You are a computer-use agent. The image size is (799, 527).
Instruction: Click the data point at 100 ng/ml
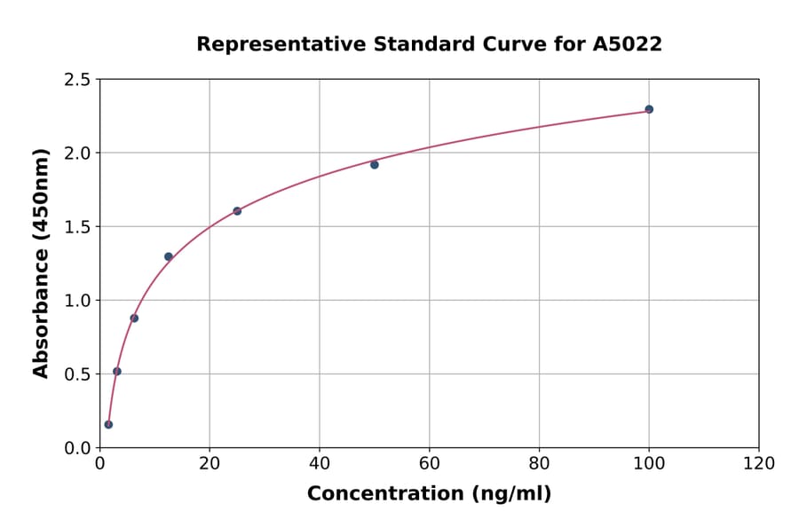coord(649,109)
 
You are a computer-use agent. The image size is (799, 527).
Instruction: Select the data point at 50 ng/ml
coord(375,164)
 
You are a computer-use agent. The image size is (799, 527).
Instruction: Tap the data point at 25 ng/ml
coord(237,211)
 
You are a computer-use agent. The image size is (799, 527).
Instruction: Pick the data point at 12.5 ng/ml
coord(169,256)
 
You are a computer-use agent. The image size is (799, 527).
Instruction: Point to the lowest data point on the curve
coord(108,424)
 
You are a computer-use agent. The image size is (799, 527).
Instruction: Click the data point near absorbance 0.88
coord(134,318)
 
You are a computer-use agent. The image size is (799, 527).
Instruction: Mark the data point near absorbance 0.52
coord(117,371)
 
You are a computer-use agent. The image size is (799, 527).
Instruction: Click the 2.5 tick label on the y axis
coord(77,80)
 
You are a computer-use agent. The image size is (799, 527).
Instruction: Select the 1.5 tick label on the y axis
coord(77,227)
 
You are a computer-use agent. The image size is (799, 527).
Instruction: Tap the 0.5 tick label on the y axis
coord(77,374)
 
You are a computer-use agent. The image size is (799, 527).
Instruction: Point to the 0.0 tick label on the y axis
coord(77,448)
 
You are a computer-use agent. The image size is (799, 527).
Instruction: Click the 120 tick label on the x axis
coord(759,464)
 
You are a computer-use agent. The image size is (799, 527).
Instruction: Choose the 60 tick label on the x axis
coord(429,464)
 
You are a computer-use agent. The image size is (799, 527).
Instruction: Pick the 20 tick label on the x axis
coord(210,464)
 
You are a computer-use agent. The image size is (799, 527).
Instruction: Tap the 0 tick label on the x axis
coord(99,464)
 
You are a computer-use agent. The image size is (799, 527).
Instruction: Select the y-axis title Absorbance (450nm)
coord(41,263)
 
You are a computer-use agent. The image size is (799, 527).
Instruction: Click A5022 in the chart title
coord(627,44)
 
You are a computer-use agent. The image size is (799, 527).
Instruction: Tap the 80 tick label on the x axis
coord(539,464)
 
